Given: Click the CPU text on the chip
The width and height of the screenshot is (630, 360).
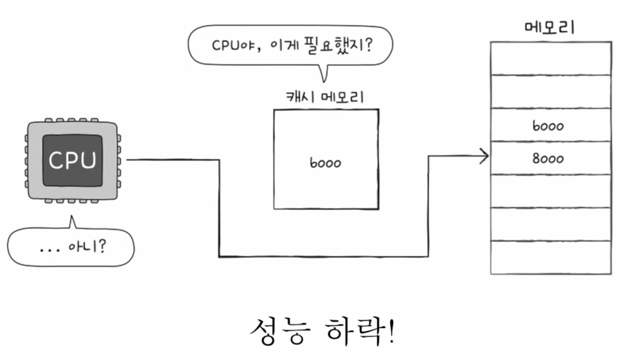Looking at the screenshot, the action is point(71,159).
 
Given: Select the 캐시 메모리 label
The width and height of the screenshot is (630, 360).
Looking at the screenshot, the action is point(325,97).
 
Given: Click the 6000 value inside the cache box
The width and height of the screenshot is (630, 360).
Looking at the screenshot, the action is point(325,163).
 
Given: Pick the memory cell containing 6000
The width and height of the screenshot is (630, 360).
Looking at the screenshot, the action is point(550,125).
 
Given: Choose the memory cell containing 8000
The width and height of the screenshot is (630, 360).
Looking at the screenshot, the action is point(550,159).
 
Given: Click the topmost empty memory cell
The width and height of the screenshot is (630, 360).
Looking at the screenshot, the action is point(550,58).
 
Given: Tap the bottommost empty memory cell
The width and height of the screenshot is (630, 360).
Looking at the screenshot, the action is point(550,257).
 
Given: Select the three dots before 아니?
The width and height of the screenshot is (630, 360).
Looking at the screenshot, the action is point(51,249).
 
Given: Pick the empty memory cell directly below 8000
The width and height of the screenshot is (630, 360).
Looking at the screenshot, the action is point(550,191).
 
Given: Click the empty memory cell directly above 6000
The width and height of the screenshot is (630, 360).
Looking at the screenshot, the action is point(550,91).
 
